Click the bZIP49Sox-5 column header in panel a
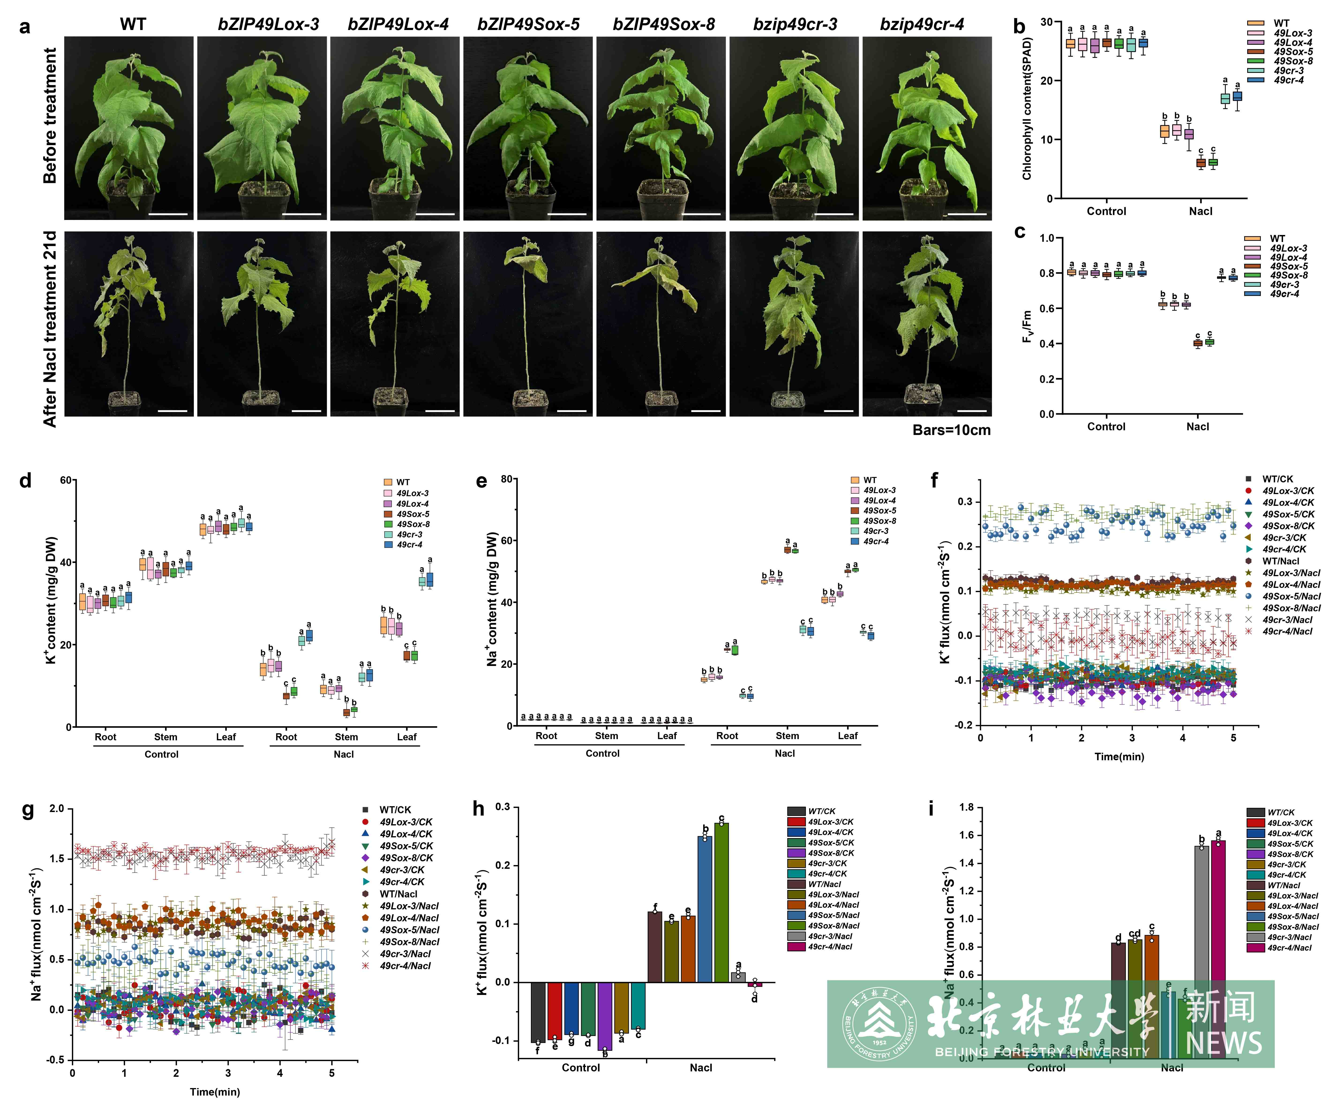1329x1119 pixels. tap(528, 25)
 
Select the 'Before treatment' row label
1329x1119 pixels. tap(50, 116)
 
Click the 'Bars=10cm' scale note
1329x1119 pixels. tap(951, 430)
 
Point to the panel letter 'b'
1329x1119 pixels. tap(1019, 27)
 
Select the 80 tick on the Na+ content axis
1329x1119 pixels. tap(507, 479)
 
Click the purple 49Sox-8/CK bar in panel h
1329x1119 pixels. tap(605, 1016)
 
